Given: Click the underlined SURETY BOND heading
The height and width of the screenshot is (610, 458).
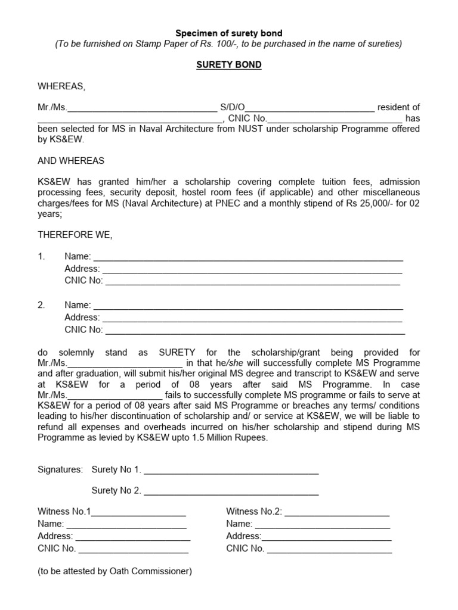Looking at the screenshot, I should [229, 64].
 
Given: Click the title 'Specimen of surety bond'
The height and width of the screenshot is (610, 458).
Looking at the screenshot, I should [229, 33].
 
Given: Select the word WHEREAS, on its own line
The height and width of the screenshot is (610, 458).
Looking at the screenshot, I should [61, 86].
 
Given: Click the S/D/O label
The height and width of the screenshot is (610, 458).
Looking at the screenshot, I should [233, 107].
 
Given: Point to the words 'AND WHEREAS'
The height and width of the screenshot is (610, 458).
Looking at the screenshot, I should [71, 161].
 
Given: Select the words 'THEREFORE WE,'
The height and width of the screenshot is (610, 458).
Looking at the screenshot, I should [75, 235].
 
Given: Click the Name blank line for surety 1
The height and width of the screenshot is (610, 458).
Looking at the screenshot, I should [248, 257].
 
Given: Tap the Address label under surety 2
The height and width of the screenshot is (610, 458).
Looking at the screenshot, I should [82, 318].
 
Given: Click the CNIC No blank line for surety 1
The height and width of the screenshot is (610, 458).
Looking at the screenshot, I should [252, 281].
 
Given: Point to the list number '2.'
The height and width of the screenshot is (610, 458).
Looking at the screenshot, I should [42, 305].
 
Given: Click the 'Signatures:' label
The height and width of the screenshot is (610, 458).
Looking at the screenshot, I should [60, 469].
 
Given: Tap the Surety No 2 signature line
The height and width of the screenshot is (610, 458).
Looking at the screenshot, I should [231, 491].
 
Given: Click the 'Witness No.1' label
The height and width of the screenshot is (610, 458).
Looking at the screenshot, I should [64, 511].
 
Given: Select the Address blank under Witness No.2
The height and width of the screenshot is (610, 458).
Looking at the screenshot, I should [327, 537].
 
